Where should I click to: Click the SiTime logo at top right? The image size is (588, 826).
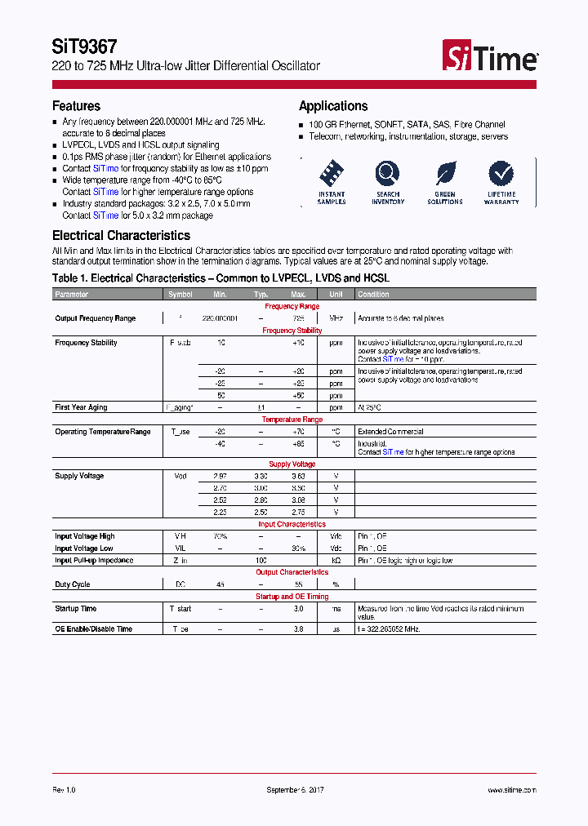coord(490,57)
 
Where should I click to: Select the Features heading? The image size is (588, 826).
coord(76,106)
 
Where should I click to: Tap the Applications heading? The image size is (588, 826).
coord(333,106)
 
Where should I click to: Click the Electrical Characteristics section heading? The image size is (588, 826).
coord(121,235)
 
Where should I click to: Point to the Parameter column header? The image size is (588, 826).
coord(72,294)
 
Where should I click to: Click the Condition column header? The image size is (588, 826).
coord(373,294)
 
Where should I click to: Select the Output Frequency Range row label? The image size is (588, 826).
coord(95,318)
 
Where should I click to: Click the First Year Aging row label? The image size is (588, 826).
coord(81,407)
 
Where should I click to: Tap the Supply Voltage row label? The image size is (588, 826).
coord(79,476)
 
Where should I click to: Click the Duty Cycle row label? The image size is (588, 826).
coord(72,584)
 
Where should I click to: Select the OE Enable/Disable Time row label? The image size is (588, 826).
coord(93,629)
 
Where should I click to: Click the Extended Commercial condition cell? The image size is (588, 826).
coord(390,432)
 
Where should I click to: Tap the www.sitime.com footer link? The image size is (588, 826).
coord(511,790)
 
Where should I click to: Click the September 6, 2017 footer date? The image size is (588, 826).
coord(296,790)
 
